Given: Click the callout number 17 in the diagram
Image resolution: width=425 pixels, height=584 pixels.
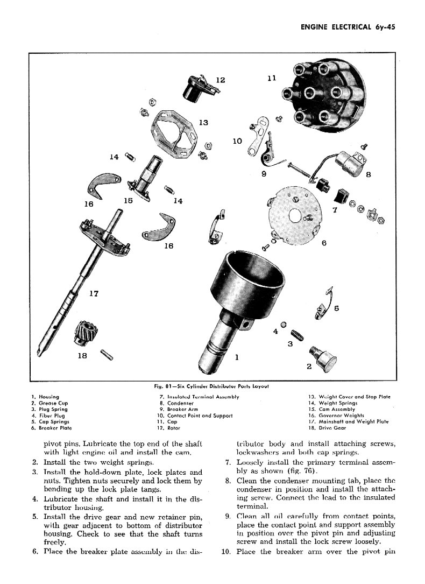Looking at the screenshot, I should [x=94, y=294].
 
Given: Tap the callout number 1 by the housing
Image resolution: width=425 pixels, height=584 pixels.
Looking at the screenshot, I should [x=237, y=356].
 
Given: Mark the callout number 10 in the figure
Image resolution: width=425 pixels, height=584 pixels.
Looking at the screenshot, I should [x=237, y=142].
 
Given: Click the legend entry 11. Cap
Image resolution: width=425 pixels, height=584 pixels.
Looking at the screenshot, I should [x=166, y=422].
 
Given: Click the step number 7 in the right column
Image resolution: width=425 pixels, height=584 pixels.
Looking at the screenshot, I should [x=229, y=462].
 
